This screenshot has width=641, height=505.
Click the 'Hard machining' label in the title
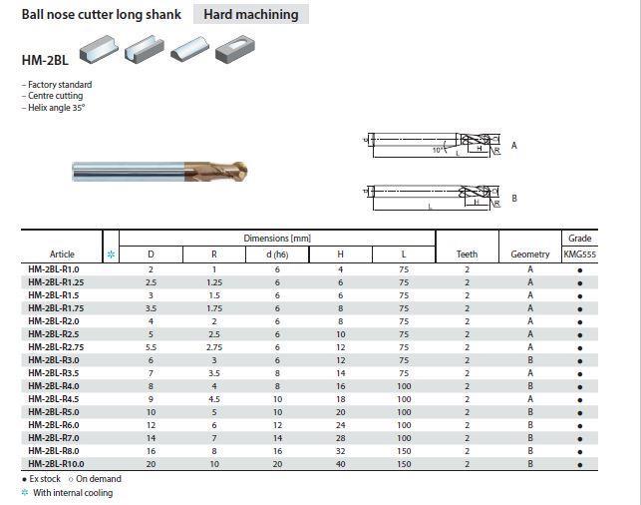click(251, 14)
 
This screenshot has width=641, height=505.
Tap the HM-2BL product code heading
click(45, 60)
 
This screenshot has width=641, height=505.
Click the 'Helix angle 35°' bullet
click(53, 108)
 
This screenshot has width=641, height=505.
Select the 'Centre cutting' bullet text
click(52, 96)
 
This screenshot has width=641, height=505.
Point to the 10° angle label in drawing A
click(438, 150)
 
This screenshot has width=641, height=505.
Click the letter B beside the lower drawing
click(514, 198)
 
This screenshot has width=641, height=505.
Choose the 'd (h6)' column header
click(277, 254)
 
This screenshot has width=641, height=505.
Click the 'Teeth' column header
click(467, 254)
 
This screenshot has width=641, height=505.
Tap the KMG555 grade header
click(579, 254)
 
